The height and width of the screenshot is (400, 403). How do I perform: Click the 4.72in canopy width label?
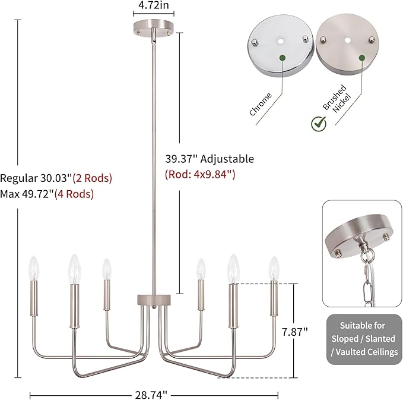coord(154,5)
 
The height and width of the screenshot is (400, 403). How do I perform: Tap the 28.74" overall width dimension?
coord(151,395)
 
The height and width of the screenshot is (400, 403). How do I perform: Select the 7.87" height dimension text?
coord(294,332)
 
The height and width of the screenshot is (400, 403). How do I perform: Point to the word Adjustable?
coord(227,159)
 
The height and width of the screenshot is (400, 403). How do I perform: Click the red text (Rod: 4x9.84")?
coord(200,175)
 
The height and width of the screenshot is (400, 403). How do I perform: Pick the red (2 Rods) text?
coord(93,178)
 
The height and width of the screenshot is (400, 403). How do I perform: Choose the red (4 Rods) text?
coord(74,194)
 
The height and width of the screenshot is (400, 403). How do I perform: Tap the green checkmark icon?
coord(319,124)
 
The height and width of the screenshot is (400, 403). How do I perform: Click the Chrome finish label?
coord(261,104)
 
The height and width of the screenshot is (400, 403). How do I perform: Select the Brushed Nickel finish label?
coord(337,99)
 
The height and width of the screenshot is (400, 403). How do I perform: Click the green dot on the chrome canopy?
coord(283,58)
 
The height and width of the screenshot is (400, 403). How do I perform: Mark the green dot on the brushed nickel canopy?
coord(362,58)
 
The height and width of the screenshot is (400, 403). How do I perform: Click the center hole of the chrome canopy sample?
coord(281,41)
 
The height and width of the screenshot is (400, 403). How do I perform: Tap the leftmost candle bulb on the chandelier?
coord(34,268)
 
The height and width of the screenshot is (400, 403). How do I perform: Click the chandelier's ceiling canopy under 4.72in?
coord(154,29)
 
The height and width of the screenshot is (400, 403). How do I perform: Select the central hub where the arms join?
coord(154,300)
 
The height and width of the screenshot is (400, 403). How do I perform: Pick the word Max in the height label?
coord(10,194)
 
